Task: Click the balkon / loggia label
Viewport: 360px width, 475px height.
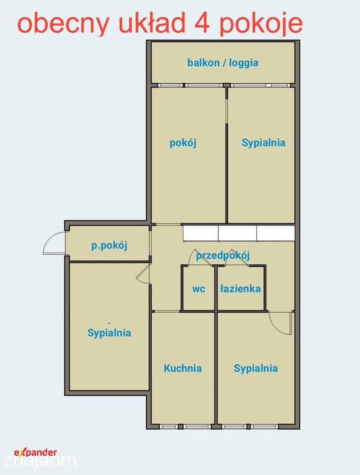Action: point(222,63)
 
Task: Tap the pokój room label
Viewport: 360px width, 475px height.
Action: point(183,142)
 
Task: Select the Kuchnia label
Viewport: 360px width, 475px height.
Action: point(182,368)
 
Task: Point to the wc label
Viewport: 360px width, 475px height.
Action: point(199,289)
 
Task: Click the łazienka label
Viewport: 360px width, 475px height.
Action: point(240,289)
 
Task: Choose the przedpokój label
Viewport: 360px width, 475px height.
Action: point(223,256)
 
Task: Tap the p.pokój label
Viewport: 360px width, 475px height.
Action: point(109,245)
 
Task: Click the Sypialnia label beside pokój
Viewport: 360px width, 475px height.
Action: point(263,142)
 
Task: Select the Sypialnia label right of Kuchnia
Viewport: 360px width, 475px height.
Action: point(255,369)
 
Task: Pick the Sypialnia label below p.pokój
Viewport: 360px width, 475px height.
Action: point(109,333)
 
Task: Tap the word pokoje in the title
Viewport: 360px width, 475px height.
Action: point(261,25)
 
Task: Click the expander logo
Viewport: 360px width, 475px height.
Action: point(36,453)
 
